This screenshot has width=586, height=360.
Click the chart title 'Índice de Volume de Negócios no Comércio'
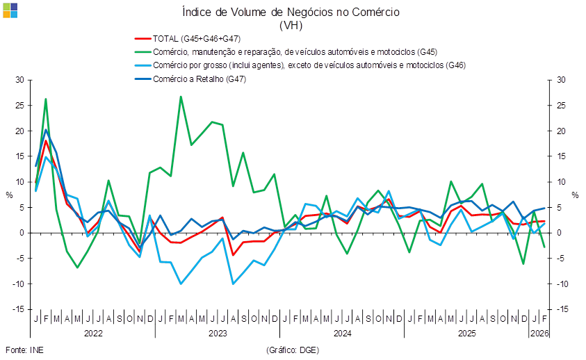[291, 12]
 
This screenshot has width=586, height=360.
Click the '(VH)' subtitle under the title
[291, 25]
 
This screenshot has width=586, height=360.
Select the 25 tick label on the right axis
[562, 106]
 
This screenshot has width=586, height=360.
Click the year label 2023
[217, 334]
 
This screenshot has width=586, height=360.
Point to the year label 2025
[466, 334]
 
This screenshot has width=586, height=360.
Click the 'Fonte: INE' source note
[24, 350]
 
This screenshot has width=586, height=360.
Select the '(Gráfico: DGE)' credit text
[292, 350]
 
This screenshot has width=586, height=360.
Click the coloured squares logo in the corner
[10, 10]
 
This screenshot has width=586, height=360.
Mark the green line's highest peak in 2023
[181, 97]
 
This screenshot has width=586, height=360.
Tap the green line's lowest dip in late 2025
[523, 263]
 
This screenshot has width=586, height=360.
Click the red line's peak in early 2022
[46, 141]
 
